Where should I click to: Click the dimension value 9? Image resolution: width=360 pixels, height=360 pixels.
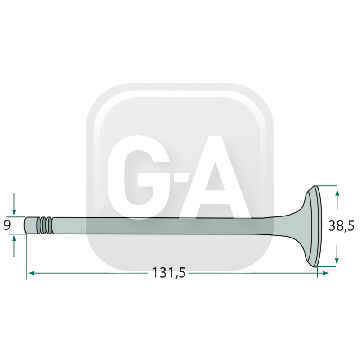tap(7, 225)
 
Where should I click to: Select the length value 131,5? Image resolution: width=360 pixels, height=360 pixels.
tap(169, 273)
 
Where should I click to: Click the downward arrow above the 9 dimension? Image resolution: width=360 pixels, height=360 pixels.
tap(14, 205)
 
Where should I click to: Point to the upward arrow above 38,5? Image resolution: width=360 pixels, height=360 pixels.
tap(337, 199)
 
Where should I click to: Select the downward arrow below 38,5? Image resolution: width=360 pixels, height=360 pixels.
tap(337, 254)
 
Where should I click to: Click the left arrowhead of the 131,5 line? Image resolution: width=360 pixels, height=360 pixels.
tap(31, 273)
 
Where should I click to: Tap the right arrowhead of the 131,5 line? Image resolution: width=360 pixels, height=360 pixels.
tap(326, 273)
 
